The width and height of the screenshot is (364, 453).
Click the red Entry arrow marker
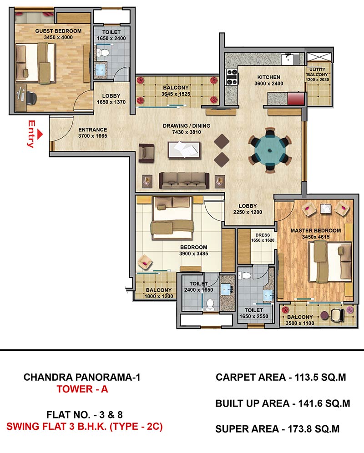coord(40,134)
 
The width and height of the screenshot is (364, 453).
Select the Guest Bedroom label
coord(58,31)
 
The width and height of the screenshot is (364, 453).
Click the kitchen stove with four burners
coord(232,77)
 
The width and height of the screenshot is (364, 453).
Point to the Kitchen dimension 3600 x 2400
coord(269,84)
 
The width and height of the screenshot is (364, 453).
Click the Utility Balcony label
coord(318,72)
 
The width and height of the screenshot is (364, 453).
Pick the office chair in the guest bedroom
coord(31,98)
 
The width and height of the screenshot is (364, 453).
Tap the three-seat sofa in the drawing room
coord(184,180)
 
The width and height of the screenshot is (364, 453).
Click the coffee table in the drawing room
coord(184,150)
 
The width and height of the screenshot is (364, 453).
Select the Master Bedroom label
coord(316,230)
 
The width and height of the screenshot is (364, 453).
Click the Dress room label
coord(263,235)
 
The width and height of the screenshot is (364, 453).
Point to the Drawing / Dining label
coord(187,126)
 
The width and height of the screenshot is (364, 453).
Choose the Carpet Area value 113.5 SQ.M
coord(320,377)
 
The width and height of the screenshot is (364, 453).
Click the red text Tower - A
coord(82,389)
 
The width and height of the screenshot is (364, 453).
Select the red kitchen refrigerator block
coord(296,99)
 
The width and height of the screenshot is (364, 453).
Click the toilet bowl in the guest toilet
coord(104,53)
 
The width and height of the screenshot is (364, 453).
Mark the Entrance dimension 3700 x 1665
coord(92,136)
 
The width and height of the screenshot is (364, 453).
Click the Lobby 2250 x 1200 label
coord(248,209)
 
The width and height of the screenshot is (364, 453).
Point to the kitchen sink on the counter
coord(287,59)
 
